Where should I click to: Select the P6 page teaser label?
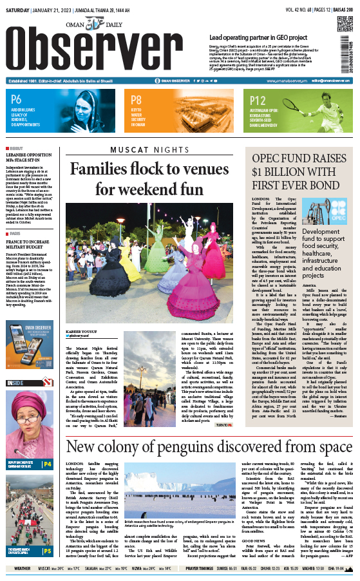pos(17,100)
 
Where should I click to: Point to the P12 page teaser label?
pos(258,100)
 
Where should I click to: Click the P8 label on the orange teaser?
pos(136,100)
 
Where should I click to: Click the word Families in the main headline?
pos(100,169)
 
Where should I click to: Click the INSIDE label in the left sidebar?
pos(17,383)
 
